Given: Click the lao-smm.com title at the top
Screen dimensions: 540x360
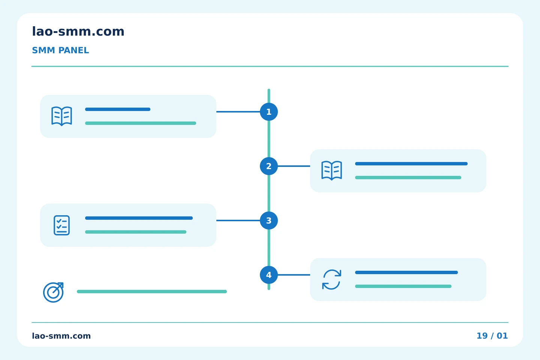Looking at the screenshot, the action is (x=78, y=31).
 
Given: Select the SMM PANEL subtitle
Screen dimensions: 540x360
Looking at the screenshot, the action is (x=60, y=50).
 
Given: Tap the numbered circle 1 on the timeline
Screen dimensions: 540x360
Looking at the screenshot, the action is (x=269, y=112).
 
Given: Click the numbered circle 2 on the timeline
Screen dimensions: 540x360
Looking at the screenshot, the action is (x=269, y=166).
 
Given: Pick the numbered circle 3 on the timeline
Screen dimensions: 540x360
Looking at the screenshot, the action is (x=269, y=220).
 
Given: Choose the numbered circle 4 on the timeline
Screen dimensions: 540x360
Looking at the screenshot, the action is (x=269, y=275).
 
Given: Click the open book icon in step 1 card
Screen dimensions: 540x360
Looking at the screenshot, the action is (x=62, y=116).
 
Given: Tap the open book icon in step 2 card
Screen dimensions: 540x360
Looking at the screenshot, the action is (x=332, y=170).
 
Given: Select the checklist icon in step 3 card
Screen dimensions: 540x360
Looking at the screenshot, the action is (x=62, y=225).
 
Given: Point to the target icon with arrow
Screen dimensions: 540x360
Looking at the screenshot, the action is (x=53, y=292).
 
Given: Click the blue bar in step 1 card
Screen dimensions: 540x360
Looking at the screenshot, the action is (x=118, y=109).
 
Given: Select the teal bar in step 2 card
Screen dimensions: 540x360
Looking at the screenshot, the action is (x=408, y=178).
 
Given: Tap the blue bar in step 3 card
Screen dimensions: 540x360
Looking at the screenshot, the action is (x=139, y=218).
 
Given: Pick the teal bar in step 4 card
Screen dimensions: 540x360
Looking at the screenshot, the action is (x=403, y=286).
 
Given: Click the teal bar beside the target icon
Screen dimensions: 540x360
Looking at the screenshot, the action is (x=152, y=291).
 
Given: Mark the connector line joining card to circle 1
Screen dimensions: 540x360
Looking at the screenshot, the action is (x=238, y=112).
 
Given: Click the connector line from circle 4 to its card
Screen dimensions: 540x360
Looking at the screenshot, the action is (x=294, y=275).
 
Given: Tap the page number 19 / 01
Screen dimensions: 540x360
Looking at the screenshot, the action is (x=492, y=336).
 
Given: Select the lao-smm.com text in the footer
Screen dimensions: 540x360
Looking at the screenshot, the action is (x=61, y=336).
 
